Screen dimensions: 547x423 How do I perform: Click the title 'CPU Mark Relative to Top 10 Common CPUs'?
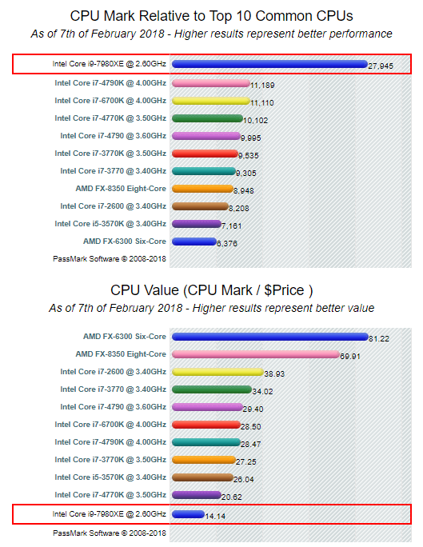pos(211,16)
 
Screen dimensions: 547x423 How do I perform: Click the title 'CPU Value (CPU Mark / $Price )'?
pos(211,290)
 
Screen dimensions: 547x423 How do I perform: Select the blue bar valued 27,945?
pos(269,65)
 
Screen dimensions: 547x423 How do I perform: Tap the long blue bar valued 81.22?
pos(269,337)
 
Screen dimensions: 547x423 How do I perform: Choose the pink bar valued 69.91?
pos(256,354)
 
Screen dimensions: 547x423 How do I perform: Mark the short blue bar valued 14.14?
pos(189,513)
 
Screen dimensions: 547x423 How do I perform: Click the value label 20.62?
pos(233,497)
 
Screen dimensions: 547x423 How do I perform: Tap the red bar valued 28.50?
pos(206,425)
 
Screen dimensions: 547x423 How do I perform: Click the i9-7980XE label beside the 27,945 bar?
pos(109,64)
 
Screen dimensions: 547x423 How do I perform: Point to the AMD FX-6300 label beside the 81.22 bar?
pos(124,337)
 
